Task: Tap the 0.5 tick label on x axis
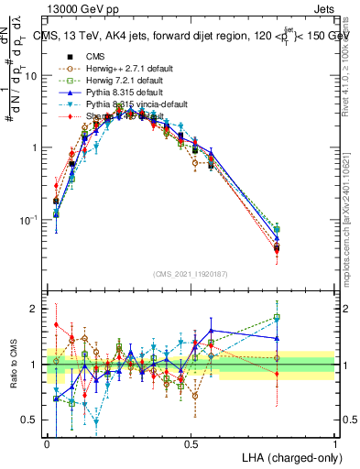pos(191,443)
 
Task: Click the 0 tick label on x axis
pos(48,443)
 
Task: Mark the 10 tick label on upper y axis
pos(31,76)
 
